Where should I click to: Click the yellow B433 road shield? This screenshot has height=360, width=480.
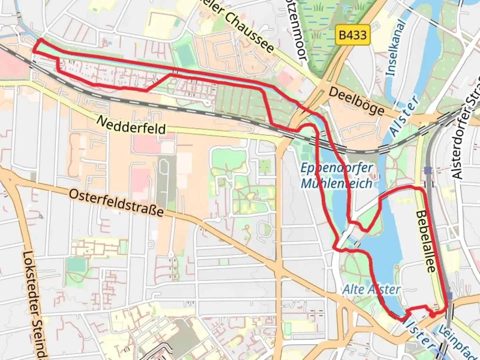[x=353, y=35]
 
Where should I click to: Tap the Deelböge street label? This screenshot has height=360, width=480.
[x=356, y=101]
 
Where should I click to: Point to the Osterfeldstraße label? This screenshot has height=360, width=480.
[x=116, y=203]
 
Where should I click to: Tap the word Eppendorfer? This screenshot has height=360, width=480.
[x=336, y=168]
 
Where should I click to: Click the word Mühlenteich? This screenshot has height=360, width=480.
[x=336, y=183]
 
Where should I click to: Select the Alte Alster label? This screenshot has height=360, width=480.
[x=371, y=289]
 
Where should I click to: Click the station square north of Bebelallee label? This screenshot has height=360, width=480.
[x=428, y=171]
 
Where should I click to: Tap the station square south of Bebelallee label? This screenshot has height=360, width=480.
[x=450, y=296]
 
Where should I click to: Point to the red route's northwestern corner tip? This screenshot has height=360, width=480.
[x=40, y=40]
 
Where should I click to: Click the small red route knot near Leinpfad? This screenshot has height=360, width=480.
[x=432, y=314]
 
